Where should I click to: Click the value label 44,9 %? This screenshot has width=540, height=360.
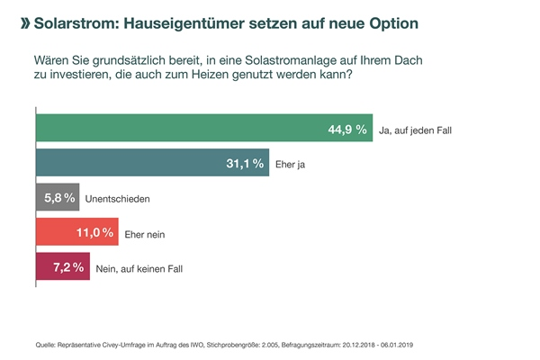click(347, 130)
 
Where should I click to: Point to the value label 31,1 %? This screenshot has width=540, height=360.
click(244, 163)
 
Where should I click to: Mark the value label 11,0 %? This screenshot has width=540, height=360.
click(94, 232)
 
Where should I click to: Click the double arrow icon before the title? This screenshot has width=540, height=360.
click(23, 19)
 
